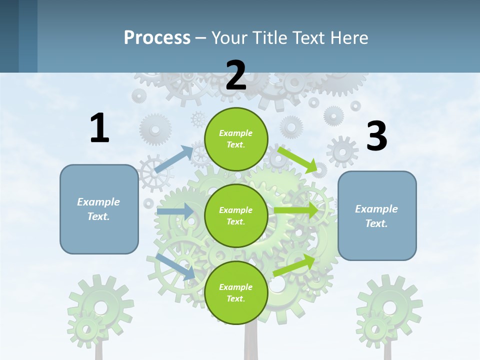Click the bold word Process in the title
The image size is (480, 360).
point(157,37)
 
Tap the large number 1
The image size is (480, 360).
point(99,128)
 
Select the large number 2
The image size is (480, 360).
point(236,75)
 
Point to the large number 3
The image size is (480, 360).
point(376,136)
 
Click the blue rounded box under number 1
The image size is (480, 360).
point(99,209)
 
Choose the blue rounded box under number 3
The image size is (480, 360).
point(377,215)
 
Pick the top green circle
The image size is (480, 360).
point(236,139)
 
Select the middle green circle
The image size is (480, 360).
point(236,216)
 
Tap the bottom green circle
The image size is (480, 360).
point(236,292)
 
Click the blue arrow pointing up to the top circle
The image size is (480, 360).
point(174,159)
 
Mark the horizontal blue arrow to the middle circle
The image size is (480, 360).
point(175,211)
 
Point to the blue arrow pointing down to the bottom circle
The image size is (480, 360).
point(175,266)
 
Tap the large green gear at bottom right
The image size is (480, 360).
point(389,306)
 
